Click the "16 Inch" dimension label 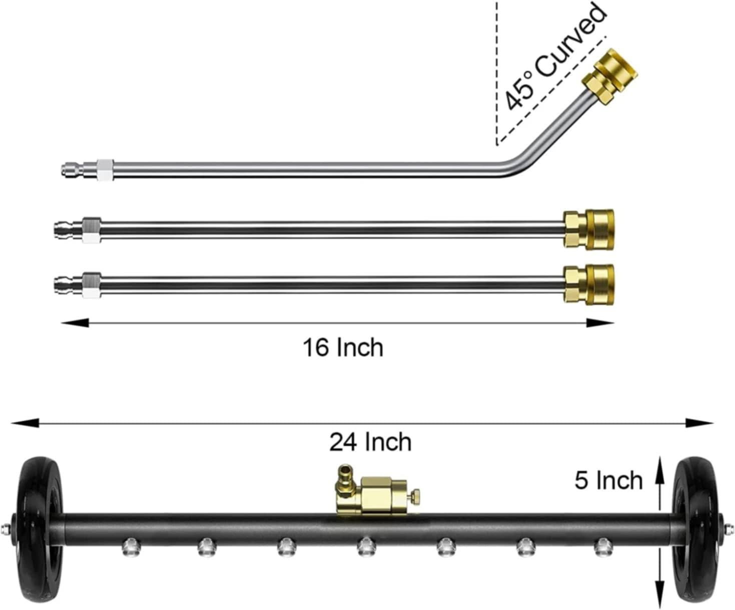(x=343, y=348)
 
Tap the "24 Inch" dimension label (x=370, y=442)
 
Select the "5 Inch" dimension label (x=608, y=480)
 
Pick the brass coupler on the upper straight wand (x=588, y=229)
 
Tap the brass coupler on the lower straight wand (x=588, y=284)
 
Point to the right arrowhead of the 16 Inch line (x=600, y=322)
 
